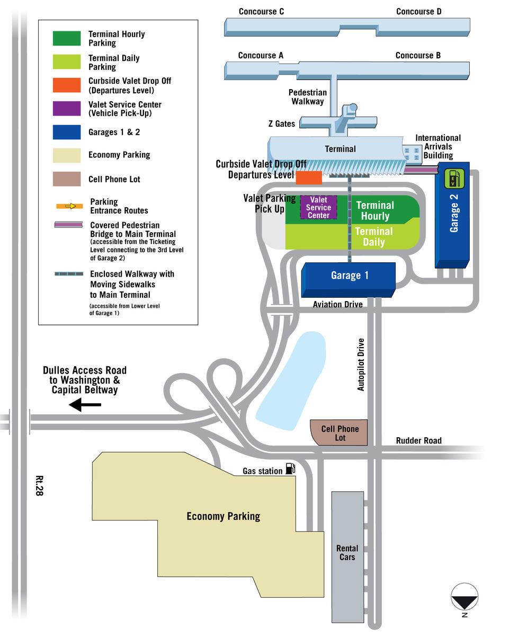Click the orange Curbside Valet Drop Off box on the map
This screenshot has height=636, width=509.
pyautogui.click(x=309, y=178)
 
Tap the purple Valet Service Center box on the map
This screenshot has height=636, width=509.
pyautogui.click(x=318, y=207)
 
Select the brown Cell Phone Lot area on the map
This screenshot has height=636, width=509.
pyautogui.click(x=339, y=432)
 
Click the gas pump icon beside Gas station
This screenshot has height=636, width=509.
pyautogui.click(x=290, y=468)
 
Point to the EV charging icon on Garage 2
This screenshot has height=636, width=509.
pyautogui.click(x=454, y=179)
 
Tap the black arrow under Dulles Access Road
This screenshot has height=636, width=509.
pyautogui.click(x=85, y=404)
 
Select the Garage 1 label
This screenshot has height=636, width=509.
pyautogui.click(x=350, y=275)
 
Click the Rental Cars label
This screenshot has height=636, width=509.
pyautogui.click(x=347, y=552)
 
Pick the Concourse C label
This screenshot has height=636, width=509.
pyautogui.click(x=261, y=12)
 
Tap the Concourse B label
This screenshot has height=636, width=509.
pyautogui.click(x=418, y=55)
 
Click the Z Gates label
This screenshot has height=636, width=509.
pyautogui.click(x=282, y=123)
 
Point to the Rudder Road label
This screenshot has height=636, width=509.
pyautogui.click(x=418, y=440)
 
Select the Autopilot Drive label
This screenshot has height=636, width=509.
pyautogui.click(x=361, y=365)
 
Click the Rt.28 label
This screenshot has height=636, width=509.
pyautogui.click(x=40, y=485)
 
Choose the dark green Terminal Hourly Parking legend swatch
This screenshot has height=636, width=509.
pyautogui.click(x=66, y=38)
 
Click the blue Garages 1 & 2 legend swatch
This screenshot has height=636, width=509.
pyautogui.click(x=66, y=132)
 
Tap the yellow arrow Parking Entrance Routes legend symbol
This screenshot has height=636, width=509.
pyautogui.click(x=70, y=206)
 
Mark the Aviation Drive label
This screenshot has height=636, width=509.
pyautogui.click(x=338, y=304)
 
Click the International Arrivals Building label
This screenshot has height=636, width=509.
pyautogui.click(x=438, y=147)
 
